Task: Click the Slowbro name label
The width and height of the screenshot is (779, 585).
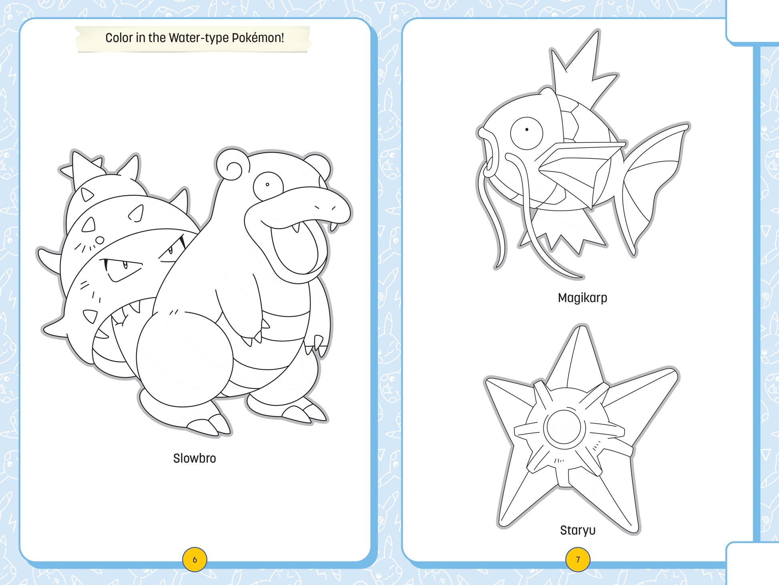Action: tap(195, 458)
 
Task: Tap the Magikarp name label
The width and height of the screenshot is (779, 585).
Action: tap(582, 298)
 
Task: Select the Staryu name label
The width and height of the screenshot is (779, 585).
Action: tap(578, 530)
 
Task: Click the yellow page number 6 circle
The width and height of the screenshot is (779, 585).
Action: tap(195, 559)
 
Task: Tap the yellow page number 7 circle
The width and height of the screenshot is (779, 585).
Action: tap(578, 559)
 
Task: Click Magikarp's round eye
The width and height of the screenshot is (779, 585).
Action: tap(526, 130)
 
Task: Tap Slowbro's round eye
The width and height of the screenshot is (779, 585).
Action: tap(267, 185)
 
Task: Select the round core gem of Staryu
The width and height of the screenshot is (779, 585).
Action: tap(564, 428)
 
